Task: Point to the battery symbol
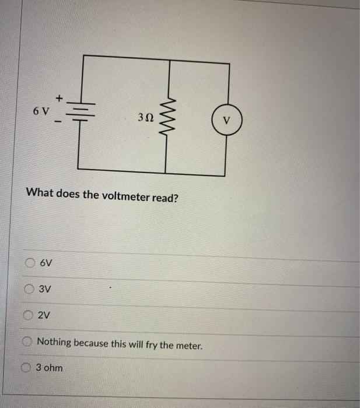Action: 83,111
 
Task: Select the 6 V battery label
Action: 41,110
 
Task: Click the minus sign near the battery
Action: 58,122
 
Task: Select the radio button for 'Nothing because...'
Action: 27,343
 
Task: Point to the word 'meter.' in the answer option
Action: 188,344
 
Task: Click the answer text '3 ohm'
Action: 50,368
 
